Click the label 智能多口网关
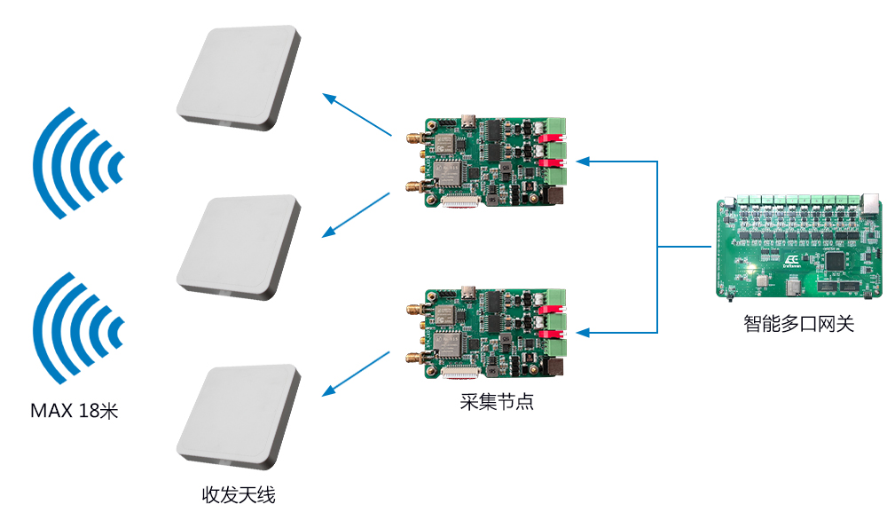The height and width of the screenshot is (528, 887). tap(798, 324)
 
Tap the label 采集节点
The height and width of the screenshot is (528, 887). tap(497, 402)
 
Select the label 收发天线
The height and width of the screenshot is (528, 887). tap(239, 495)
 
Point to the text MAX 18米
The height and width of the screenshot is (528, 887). tap(75, 410)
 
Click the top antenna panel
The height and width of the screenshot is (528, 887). tap(238, 77)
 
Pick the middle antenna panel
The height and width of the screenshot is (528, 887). tap(238, 248)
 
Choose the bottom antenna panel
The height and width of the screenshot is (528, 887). tap(238, 417)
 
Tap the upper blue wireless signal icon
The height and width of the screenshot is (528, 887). tap(78, 163)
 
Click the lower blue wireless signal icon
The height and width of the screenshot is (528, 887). tap(78, 328)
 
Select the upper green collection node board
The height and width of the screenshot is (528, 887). tap(486, 162)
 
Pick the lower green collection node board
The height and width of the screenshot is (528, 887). tap(486, 334)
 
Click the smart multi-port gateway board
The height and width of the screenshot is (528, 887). tap(799, 246)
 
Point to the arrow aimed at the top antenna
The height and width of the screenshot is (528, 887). tap(357, 114)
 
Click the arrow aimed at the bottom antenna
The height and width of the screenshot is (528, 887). tap(356, 374)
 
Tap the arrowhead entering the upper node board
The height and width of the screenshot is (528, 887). tap(584, 162)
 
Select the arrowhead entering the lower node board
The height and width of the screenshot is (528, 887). tap(584, 333)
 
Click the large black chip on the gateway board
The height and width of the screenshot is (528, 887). tap(835, 262)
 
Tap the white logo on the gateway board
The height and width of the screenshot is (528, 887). tap(791, 261)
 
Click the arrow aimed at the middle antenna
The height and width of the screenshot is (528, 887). tap(356, 215)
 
